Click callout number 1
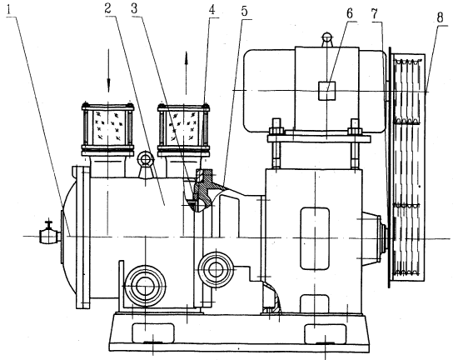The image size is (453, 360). [9, 10]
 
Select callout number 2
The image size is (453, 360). [107, 8]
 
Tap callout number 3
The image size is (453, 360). [134, 8]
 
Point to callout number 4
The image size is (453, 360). [212, 10]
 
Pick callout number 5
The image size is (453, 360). [245, 12]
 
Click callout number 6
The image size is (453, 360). [350, 13]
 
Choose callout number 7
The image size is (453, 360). [375, 14]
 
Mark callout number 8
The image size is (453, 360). [440, 18]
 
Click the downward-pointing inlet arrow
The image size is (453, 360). [108, 71]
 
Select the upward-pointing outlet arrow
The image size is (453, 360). [187, 72]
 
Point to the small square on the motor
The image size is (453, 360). [326, 91]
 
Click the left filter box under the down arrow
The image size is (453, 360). [107, 128]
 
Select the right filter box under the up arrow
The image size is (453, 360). [184, 128]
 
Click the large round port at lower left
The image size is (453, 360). [145, 285]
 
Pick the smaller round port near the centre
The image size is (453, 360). [216, 269]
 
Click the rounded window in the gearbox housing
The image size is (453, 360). [315, 238]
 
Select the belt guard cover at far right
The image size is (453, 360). [406, 167]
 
